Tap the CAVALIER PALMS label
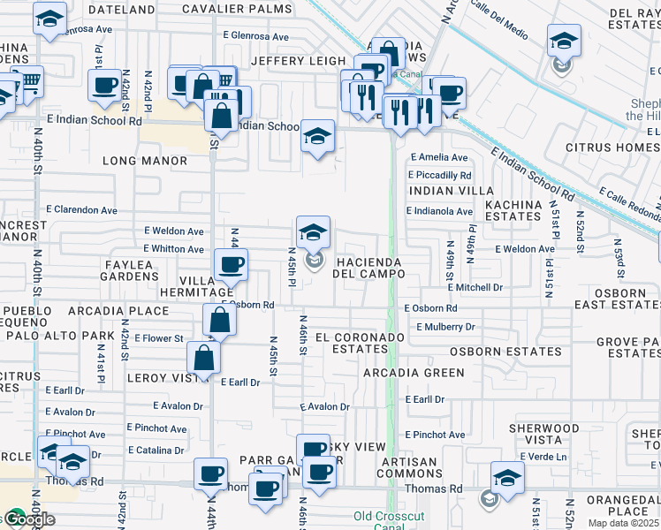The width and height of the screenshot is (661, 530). [237, 10]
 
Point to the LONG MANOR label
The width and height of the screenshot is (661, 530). [145, 162]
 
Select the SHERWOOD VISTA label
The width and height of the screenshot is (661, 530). [543, 434]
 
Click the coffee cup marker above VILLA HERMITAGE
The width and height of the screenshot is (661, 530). [232, 264]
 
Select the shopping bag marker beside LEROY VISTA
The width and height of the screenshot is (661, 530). [203, 358]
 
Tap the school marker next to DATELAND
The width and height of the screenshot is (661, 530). [49, 18]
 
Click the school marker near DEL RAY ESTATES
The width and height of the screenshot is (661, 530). [563, 41]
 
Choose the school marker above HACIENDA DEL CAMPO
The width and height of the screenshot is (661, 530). [313, 232]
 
